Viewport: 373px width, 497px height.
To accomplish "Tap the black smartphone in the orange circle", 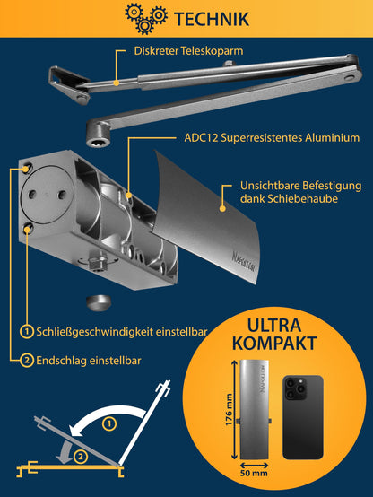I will [x=303, y=417].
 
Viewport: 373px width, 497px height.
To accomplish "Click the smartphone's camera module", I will [x=295, y=388].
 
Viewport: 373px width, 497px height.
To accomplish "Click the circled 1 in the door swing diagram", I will [x=108, y=422].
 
